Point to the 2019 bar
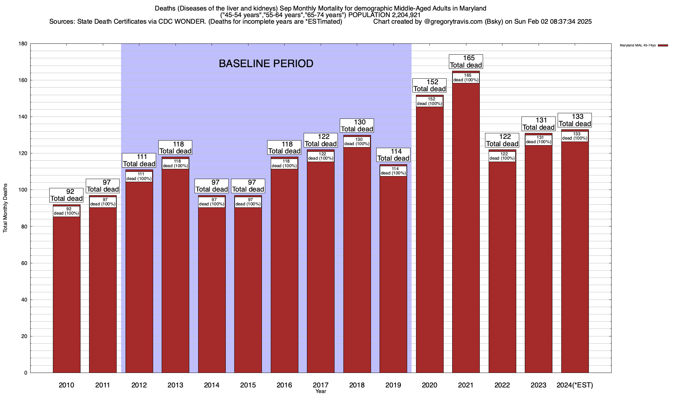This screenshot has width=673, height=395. pyautogui.click(x=393, y=273)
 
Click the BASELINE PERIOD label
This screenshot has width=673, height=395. pyautogui.click(x=266, y=64)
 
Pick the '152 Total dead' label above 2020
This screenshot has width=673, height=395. pyautogui.click(x=429, y=85)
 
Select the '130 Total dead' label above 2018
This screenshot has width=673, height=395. pyautogui.click(x=357, y=125)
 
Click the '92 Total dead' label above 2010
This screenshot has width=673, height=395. pyautogui.click(x=66, y=195)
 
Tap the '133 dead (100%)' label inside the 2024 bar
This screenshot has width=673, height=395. pyautogui.click(x=575, y=136)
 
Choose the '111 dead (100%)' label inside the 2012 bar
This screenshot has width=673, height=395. pyautogui.click(x=139, y=176)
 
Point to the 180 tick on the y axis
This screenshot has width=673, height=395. pyautogui.click(x=23, y=44)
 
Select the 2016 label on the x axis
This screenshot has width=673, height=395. pyautogui.click(x=284, y=385)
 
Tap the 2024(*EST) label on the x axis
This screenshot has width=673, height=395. pyautogui.click(x=575, y=385)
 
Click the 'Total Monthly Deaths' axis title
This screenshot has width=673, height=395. pyautogui.click(x=5, y=208)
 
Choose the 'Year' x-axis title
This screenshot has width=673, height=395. pyautogui.click(x=320, y=391)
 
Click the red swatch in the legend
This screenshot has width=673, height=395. pyautogui.click(x=663, y=45)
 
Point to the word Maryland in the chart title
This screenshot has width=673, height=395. pyautogui.click(x=472, y=8)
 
